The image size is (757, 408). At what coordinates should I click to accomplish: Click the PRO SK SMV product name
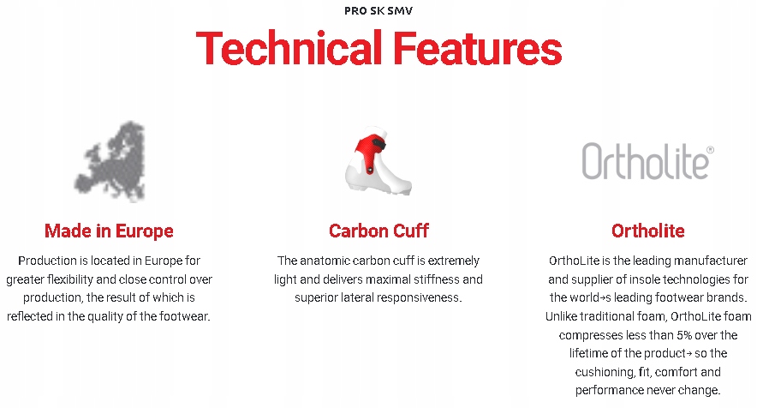(x=378, y=10)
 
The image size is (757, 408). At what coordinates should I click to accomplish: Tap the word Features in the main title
(x=478, y=48)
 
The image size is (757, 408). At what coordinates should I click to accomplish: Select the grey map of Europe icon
(x=110, y=161)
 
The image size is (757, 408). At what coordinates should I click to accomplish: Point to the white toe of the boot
(x=398, y=184)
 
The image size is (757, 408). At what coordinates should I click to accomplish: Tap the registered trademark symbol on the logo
(x=710, y=150)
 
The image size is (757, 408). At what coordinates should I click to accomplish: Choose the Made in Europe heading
(x=109, y=231)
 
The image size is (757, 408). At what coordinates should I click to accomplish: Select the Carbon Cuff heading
(x=378, y=231)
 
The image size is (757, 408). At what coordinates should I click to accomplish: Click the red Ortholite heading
(x=648, y=231)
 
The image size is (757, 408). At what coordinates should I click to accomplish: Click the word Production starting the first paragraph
(x=48, y=261)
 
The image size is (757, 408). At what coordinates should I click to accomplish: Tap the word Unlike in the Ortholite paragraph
(x=561, y=316)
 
